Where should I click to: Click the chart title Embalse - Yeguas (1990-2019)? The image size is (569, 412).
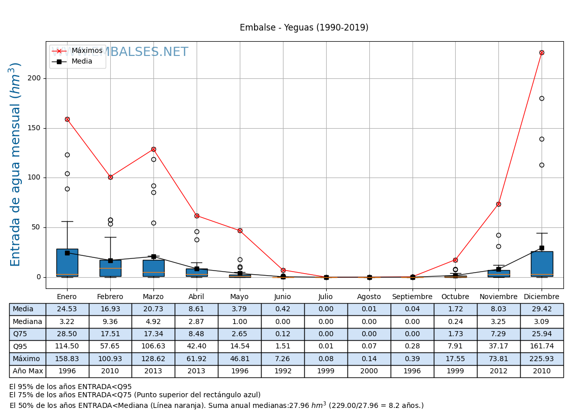click(304, 28)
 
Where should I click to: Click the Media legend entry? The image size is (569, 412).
click(82, 62)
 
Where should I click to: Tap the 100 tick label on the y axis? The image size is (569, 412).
click(35, 178)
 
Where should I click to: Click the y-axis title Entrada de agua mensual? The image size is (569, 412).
click(16, 164)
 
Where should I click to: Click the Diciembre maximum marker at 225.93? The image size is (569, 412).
click(542, 52)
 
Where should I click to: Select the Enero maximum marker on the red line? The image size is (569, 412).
click(67, 119)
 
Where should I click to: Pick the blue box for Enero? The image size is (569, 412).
click(67, 262)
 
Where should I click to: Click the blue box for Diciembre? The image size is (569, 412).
click(542, 263)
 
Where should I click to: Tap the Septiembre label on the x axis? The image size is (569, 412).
click(412, 297)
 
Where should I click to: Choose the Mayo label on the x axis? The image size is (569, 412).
click(239, 297)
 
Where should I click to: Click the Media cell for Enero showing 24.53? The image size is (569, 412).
click(67, 309)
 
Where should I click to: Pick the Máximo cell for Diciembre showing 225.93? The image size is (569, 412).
click(542, 359)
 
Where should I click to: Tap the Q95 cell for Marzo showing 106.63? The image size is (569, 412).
click(153, 346)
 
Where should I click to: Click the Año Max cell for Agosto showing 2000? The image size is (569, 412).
click(369, 371)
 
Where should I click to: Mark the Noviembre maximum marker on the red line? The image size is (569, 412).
click(498, 204)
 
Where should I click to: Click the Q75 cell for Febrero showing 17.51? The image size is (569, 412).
click(110, 334)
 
